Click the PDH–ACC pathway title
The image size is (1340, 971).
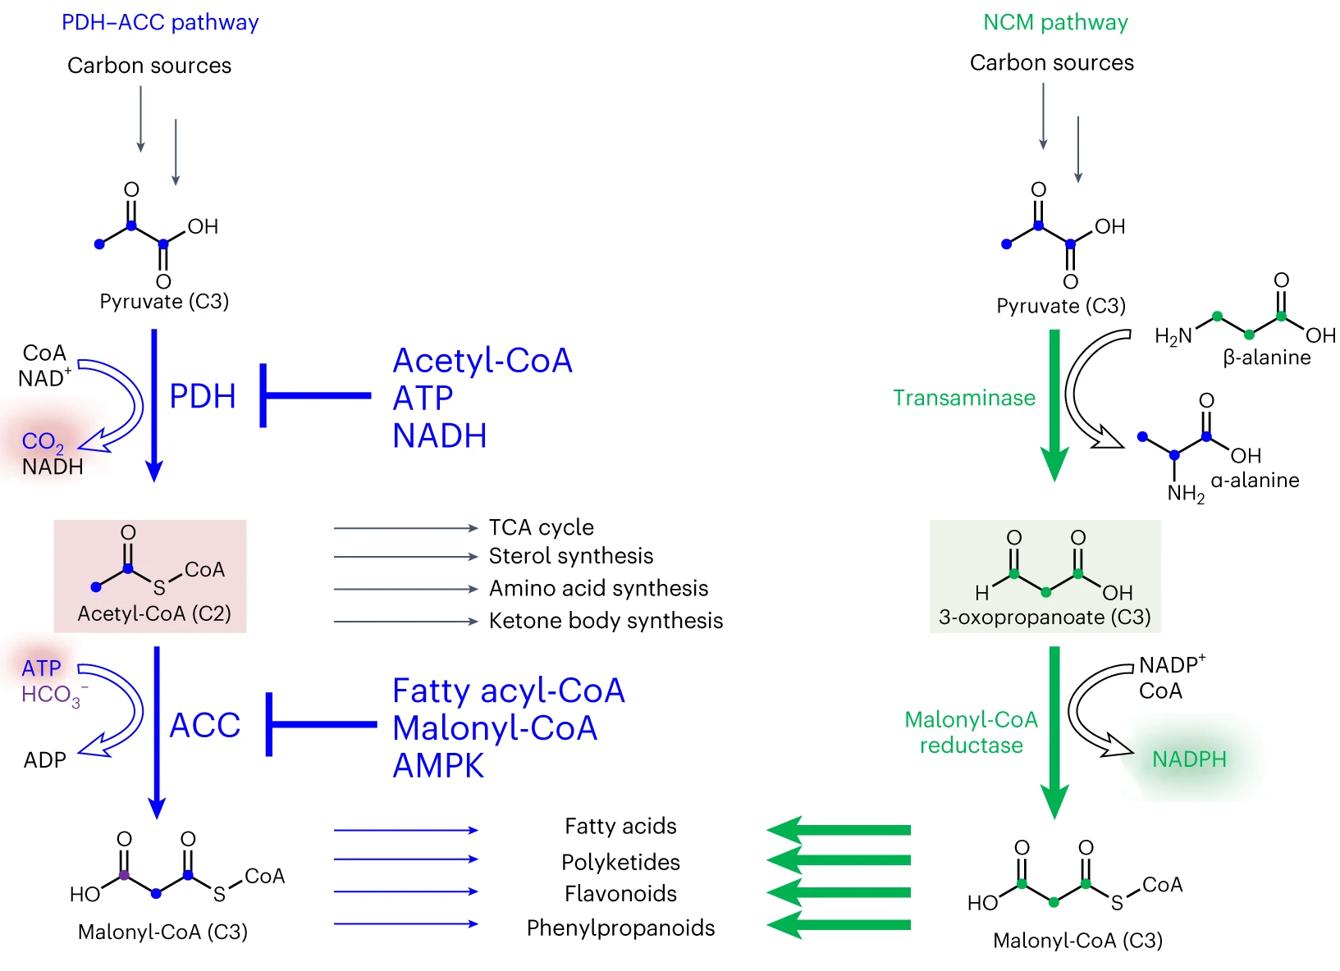160,22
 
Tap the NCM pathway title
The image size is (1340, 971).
1055,22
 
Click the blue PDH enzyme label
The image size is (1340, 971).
202,396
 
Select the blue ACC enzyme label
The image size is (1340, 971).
204,725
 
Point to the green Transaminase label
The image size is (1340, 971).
963,398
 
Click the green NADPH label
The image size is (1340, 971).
1189,759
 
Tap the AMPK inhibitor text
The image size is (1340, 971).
438,766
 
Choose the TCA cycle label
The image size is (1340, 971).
541,527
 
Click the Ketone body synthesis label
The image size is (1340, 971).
606,621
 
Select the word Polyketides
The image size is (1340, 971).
620,862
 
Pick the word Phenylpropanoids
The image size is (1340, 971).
620,928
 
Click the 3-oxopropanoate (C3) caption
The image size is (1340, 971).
1045,617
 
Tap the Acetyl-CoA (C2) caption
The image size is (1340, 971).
154,613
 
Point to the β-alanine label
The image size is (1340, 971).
1266,358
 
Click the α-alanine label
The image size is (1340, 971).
1255,480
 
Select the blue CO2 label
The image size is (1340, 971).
42,441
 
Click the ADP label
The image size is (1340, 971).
44,760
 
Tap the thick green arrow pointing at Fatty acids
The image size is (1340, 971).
839,830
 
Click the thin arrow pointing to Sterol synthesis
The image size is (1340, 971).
405,557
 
